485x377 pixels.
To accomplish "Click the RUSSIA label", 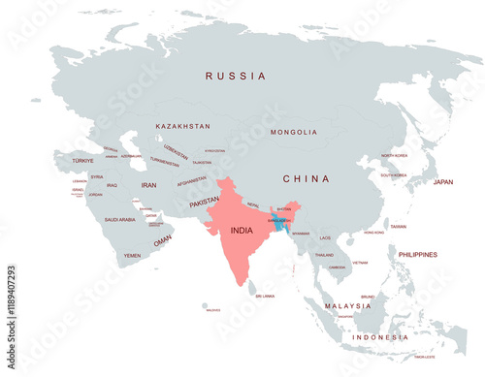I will tap(235, 76).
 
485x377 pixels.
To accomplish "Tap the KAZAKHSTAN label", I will tap(183, 126).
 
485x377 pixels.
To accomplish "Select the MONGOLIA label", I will tap(293, 132).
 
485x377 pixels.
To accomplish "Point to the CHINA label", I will tap(306, 178).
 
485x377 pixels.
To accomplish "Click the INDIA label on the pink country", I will tap(243, 232).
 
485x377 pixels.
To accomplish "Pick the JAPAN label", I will tap(442, 181).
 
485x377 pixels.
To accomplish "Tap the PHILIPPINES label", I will tap(417, 254).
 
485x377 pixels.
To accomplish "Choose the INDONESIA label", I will tap(380, 337).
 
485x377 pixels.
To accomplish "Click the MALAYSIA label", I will tap(348, 305).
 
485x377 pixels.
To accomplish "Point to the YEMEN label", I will tap(132, 256).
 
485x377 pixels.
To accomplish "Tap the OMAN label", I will tap(162, 238).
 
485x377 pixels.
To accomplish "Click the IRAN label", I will tap(148, 184).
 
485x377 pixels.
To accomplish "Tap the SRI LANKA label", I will tap(264, 296).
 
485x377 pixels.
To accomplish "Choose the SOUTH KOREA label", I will tap(393, 175).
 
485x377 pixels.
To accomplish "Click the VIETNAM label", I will tap(360, 263).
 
